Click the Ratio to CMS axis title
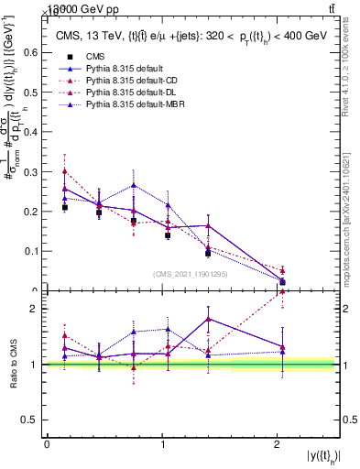[12, 365]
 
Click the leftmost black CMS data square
[65, 208]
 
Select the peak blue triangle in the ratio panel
[209, 319]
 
